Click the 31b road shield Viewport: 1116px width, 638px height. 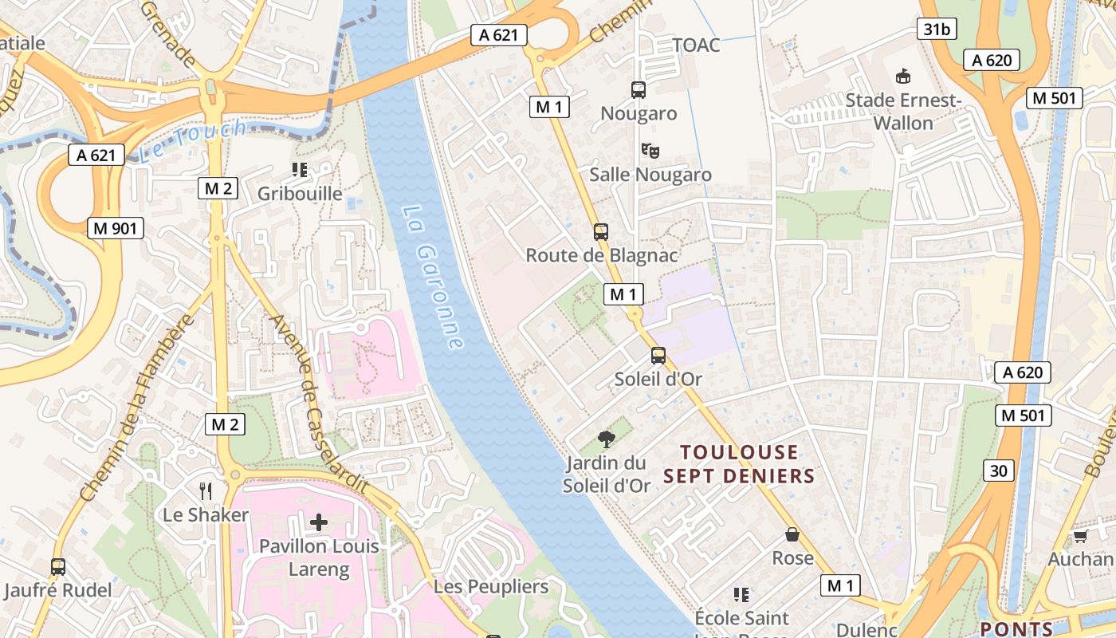[937, 30]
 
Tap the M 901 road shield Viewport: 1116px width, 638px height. [116, 229]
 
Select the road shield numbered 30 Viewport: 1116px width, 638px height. [999, 471]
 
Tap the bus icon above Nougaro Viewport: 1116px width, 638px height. [639, 90]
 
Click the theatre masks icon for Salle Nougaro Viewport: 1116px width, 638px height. [650, 150]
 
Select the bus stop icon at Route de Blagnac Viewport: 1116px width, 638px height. [601, 232]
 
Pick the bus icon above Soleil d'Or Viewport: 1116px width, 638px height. [658, 356]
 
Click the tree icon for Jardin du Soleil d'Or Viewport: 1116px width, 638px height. [607, 439]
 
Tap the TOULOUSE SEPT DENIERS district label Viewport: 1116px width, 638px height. [738, 464]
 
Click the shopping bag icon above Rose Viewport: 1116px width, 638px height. [792, 534]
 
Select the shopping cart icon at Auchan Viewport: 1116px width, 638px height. [1080, 536]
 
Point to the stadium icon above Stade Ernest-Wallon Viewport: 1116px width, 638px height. [902, 77]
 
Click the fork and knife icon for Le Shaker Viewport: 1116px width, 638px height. [206, 490]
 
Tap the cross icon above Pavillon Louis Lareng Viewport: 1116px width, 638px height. [318, 523]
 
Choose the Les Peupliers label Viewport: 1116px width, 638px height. [491, 587]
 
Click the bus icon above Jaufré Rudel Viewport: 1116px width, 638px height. [58, 567]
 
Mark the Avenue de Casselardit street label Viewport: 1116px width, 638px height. [319, 403]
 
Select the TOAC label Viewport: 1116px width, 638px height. [696, 45]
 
